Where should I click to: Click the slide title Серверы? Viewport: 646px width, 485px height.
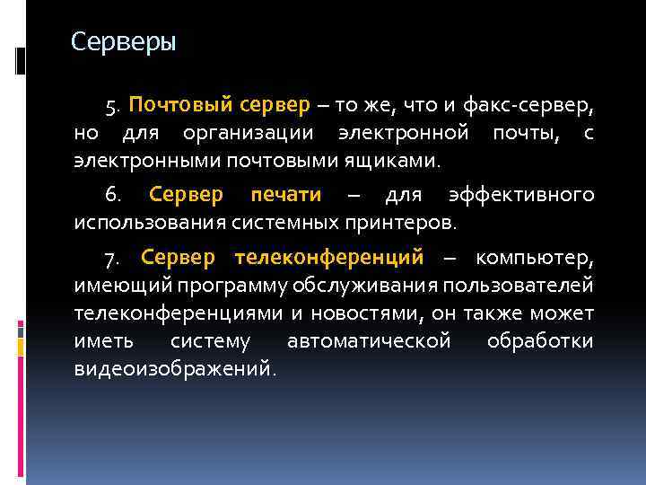point(123,42)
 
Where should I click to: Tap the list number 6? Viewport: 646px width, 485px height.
point(110,195)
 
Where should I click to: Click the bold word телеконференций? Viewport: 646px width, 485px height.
point(328,259)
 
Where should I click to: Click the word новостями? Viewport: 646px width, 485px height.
point(377,314)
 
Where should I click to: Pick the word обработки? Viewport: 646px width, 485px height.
point(539,342)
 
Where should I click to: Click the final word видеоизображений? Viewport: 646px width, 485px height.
point(174,370)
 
